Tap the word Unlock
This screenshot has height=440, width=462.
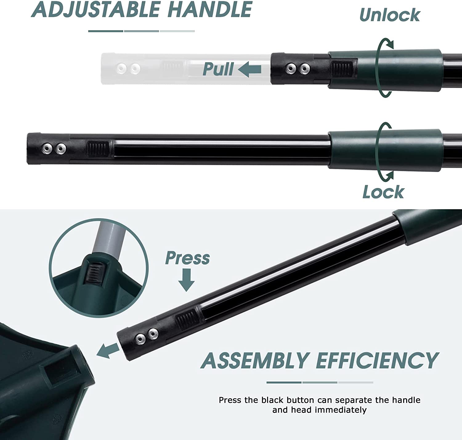[x=390, y=15]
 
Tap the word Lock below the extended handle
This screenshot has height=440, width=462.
[x=383, y=192]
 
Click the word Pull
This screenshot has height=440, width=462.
[x=218, y=69]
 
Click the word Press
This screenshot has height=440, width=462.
[x=187, y=258]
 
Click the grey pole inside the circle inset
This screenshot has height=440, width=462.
[x=108, y=237]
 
